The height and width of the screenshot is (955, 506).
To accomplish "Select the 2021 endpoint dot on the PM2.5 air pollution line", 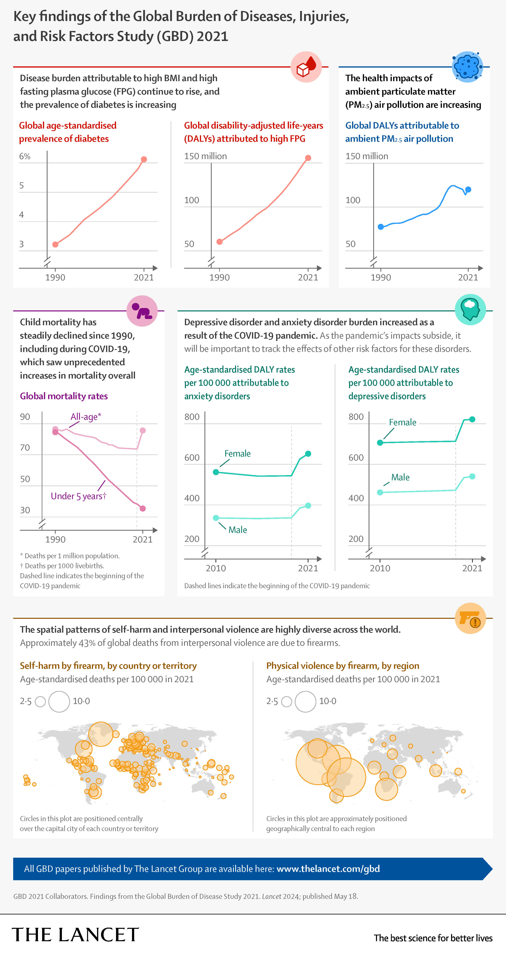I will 468,189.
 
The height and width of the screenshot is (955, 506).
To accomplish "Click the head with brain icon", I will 470,310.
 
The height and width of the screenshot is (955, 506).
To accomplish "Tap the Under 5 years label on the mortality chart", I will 78,496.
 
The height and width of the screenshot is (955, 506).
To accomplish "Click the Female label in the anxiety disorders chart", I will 237,453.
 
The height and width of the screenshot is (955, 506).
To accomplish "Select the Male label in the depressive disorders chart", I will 400,477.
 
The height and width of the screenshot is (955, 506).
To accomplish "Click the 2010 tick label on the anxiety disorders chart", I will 216,568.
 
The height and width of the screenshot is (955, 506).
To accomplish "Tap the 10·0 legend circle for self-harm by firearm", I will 59,701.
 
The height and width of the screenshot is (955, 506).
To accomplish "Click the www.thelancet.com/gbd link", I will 328,869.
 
